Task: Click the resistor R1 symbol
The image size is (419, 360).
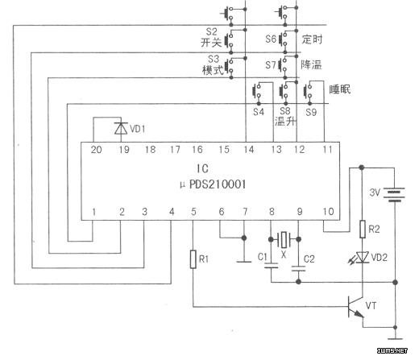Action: pos(193,259)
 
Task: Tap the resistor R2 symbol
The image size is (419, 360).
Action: pos(363,230)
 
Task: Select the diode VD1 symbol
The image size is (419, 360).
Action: pos(121,128)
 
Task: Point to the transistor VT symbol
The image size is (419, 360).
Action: pos(356,307)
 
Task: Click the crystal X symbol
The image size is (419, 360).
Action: pos(284,239)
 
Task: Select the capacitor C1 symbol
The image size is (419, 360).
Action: pos(271,266)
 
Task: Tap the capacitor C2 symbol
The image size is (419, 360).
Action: pos(298,268)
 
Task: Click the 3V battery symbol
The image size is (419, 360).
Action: pos(394,195)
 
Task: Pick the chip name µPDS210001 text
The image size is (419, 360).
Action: pos(213,184)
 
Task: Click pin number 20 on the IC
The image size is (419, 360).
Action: pos(96,150)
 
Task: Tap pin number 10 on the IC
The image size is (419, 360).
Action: pos(328,212)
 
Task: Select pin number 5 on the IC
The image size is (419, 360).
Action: pos(193,212)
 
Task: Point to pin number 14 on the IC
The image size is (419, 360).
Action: pos(249,150)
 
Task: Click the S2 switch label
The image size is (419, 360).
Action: pos(211,32)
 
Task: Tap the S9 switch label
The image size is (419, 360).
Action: pos(311,112)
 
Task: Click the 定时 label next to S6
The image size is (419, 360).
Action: pos(312,39)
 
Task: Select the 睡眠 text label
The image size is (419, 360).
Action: pos(340,89)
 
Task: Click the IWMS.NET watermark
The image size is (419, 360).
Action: pos(392,350)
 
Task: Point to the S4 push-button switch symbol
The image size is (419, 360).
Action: pos(257,92)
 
